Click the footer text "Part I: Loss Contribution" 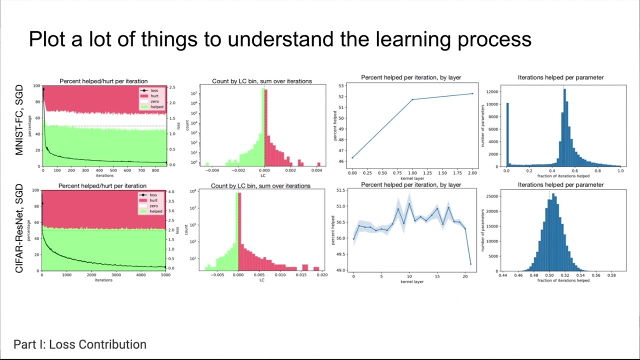[80, 344]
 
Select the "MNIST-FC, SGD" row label [19, 120]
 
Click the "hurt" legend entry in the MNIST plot [154, 96]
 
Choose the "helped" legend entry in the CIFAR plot [155, 211]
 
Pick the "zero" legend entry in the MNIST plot [154, 101]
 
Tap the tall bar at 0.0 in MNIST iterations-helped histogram [507, 135]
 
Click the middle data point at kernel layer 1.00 [412, 99]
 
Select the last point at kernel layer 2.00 [472, 93]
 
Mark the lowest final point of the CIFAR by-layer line [470, 264]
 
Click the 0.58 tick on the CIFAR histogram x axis [611, 275]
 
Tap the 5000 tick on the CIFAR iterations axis [165, 275]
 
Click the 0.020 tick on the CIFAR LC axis [322, 275]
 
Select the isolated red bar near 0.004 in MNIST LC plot [318, 164]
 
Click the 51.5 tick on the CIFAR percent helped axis [340, 190]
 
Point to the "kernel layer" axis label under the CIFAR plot [412, 281]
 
